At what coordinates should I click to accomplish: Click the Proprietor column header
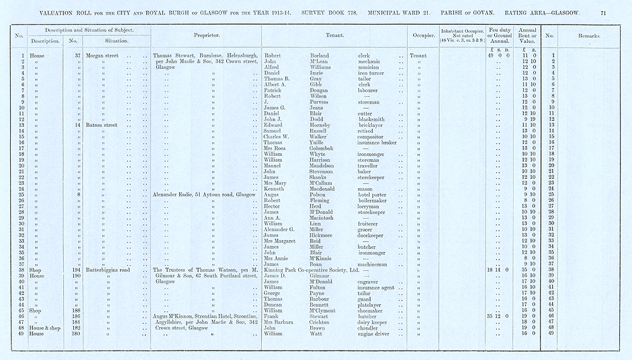[206, 35]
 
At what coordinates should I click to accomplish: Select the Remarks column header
[588, 36]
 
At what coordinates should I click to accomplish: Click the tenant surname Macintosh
[324, 218]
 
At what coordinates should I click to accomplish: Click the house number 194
[75, 270]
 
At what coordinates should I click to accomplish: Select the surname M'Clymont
[326, 310]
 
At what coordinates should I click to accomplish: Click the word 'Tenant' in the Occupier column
[418, 56]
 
